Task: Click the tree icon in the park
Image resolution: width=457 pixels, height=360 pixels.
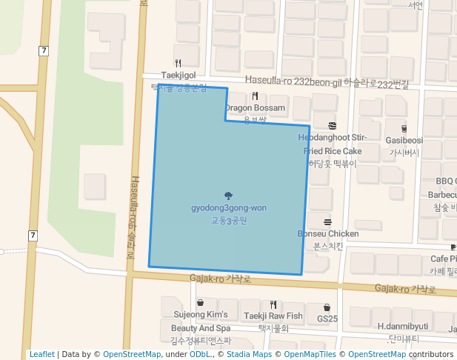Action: pyautogui.click(x=228, y=196)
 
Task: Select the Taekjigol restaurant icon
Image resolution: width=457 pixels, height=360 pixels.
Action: pyautogui.click(x=179, y=63)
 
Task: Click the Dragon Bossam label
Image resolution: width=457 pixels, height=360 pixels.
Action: pyautogui.click(x=256, y=108)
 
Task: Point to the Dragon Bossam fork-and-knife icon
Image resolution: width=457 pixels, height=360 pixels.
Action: pyautogui.click(x=255, y=96)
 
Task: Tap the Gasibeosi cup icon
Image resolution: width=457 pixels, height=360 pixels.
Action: pyautogui.click(x=404, y=127)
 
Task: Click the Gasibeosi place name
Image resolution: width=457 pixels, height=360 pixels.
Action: pyautogui.click(x=404, y=140)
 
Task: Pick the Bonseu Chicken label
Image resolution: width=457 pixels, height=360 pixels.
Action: pyautogui.click(x=328, y=234)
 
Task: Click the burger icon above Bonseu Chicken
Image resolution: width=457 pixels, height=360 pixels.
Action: pyautogui.click(x=327, y=221)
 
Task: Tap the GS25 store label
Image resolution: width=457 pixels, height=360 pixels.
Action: pyautogui.click(x=327, y=319)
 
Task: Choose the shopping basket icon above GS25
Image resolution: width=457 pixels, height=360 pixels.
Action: pyautogui.click(x=327, y=307)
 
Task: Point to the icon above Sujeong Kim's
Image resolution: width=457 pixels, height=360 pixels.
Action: pyautogui.click(x=201, y=302)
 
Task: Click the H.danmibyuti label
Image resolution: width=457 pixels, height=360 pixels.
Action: pyautogui.click(x=403, y=326)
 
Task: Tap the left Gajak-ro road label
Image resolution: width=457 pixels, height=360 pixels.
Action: pyautogui.click(x=221, y=279)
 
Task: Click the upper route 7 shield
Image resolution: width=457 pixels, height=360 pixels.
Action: pyautogui.click(x=44, y=50)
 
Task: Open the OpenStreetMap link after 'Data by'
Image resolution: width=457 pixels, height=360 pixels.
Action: pyautogui.click(x=131, y=355)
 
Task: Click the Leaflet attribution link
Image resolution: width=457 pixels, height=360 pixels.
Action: pyautogui.click(x=41, y=355)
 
